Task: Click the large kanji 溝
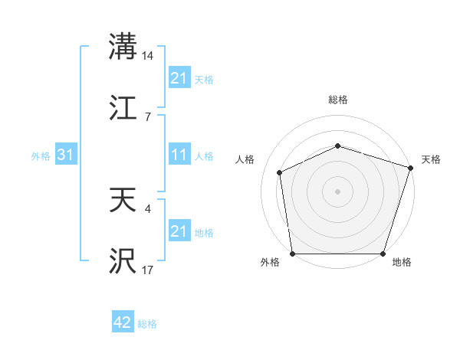pyautogui.click(x=123, y=46)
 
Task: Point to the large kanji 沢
pyautogui.click(x=123, y=261)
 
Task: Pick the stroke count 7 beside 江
pyautogui.click(x=146, y=117)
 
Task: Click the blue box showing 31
pyautogui.click(x=65, y=155)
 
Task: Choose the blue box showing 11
pyautogui.click(x=179, y=155)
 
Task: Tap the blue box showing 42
pyautogui.click(x=123, y=323)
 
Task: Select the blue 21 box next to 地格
pyautogui.click(x=179, y=231)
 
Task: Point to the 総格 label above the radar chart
pyautogui.click(x=338, y=100)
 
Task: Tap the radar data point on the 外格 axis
pyautogui.click(x=293, y=254)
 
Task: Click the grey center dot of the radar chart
pyautogui.click(x=338, y=191)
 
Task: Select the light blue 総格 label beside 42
pyautogui.click(x=147, y=324)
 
